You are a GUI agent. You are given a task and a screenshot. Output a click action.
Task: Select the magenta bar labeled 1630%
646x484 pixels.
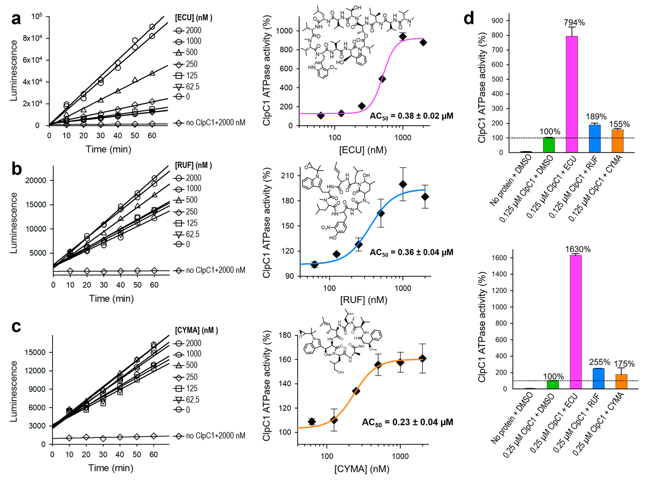pos(575,321)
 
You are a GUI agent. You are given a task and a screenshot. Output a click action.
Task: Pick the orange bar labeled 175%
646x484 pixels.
pos(621,381)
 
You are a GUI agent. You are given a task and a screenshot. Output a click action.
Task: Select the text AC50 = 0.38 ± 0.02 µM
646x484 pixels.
pos(411,116)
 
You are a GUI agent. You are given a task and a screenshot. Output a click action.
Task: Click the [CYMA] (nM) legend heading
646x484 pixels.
pos(196,330)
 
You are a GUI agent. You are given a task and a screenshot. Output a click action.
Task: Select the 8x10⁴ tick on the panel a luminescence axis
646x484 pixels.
pos(32,38)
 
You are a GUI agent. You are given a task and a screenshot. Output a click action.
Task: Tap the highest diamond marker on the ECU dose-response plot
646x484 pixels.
pos(403,37)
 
